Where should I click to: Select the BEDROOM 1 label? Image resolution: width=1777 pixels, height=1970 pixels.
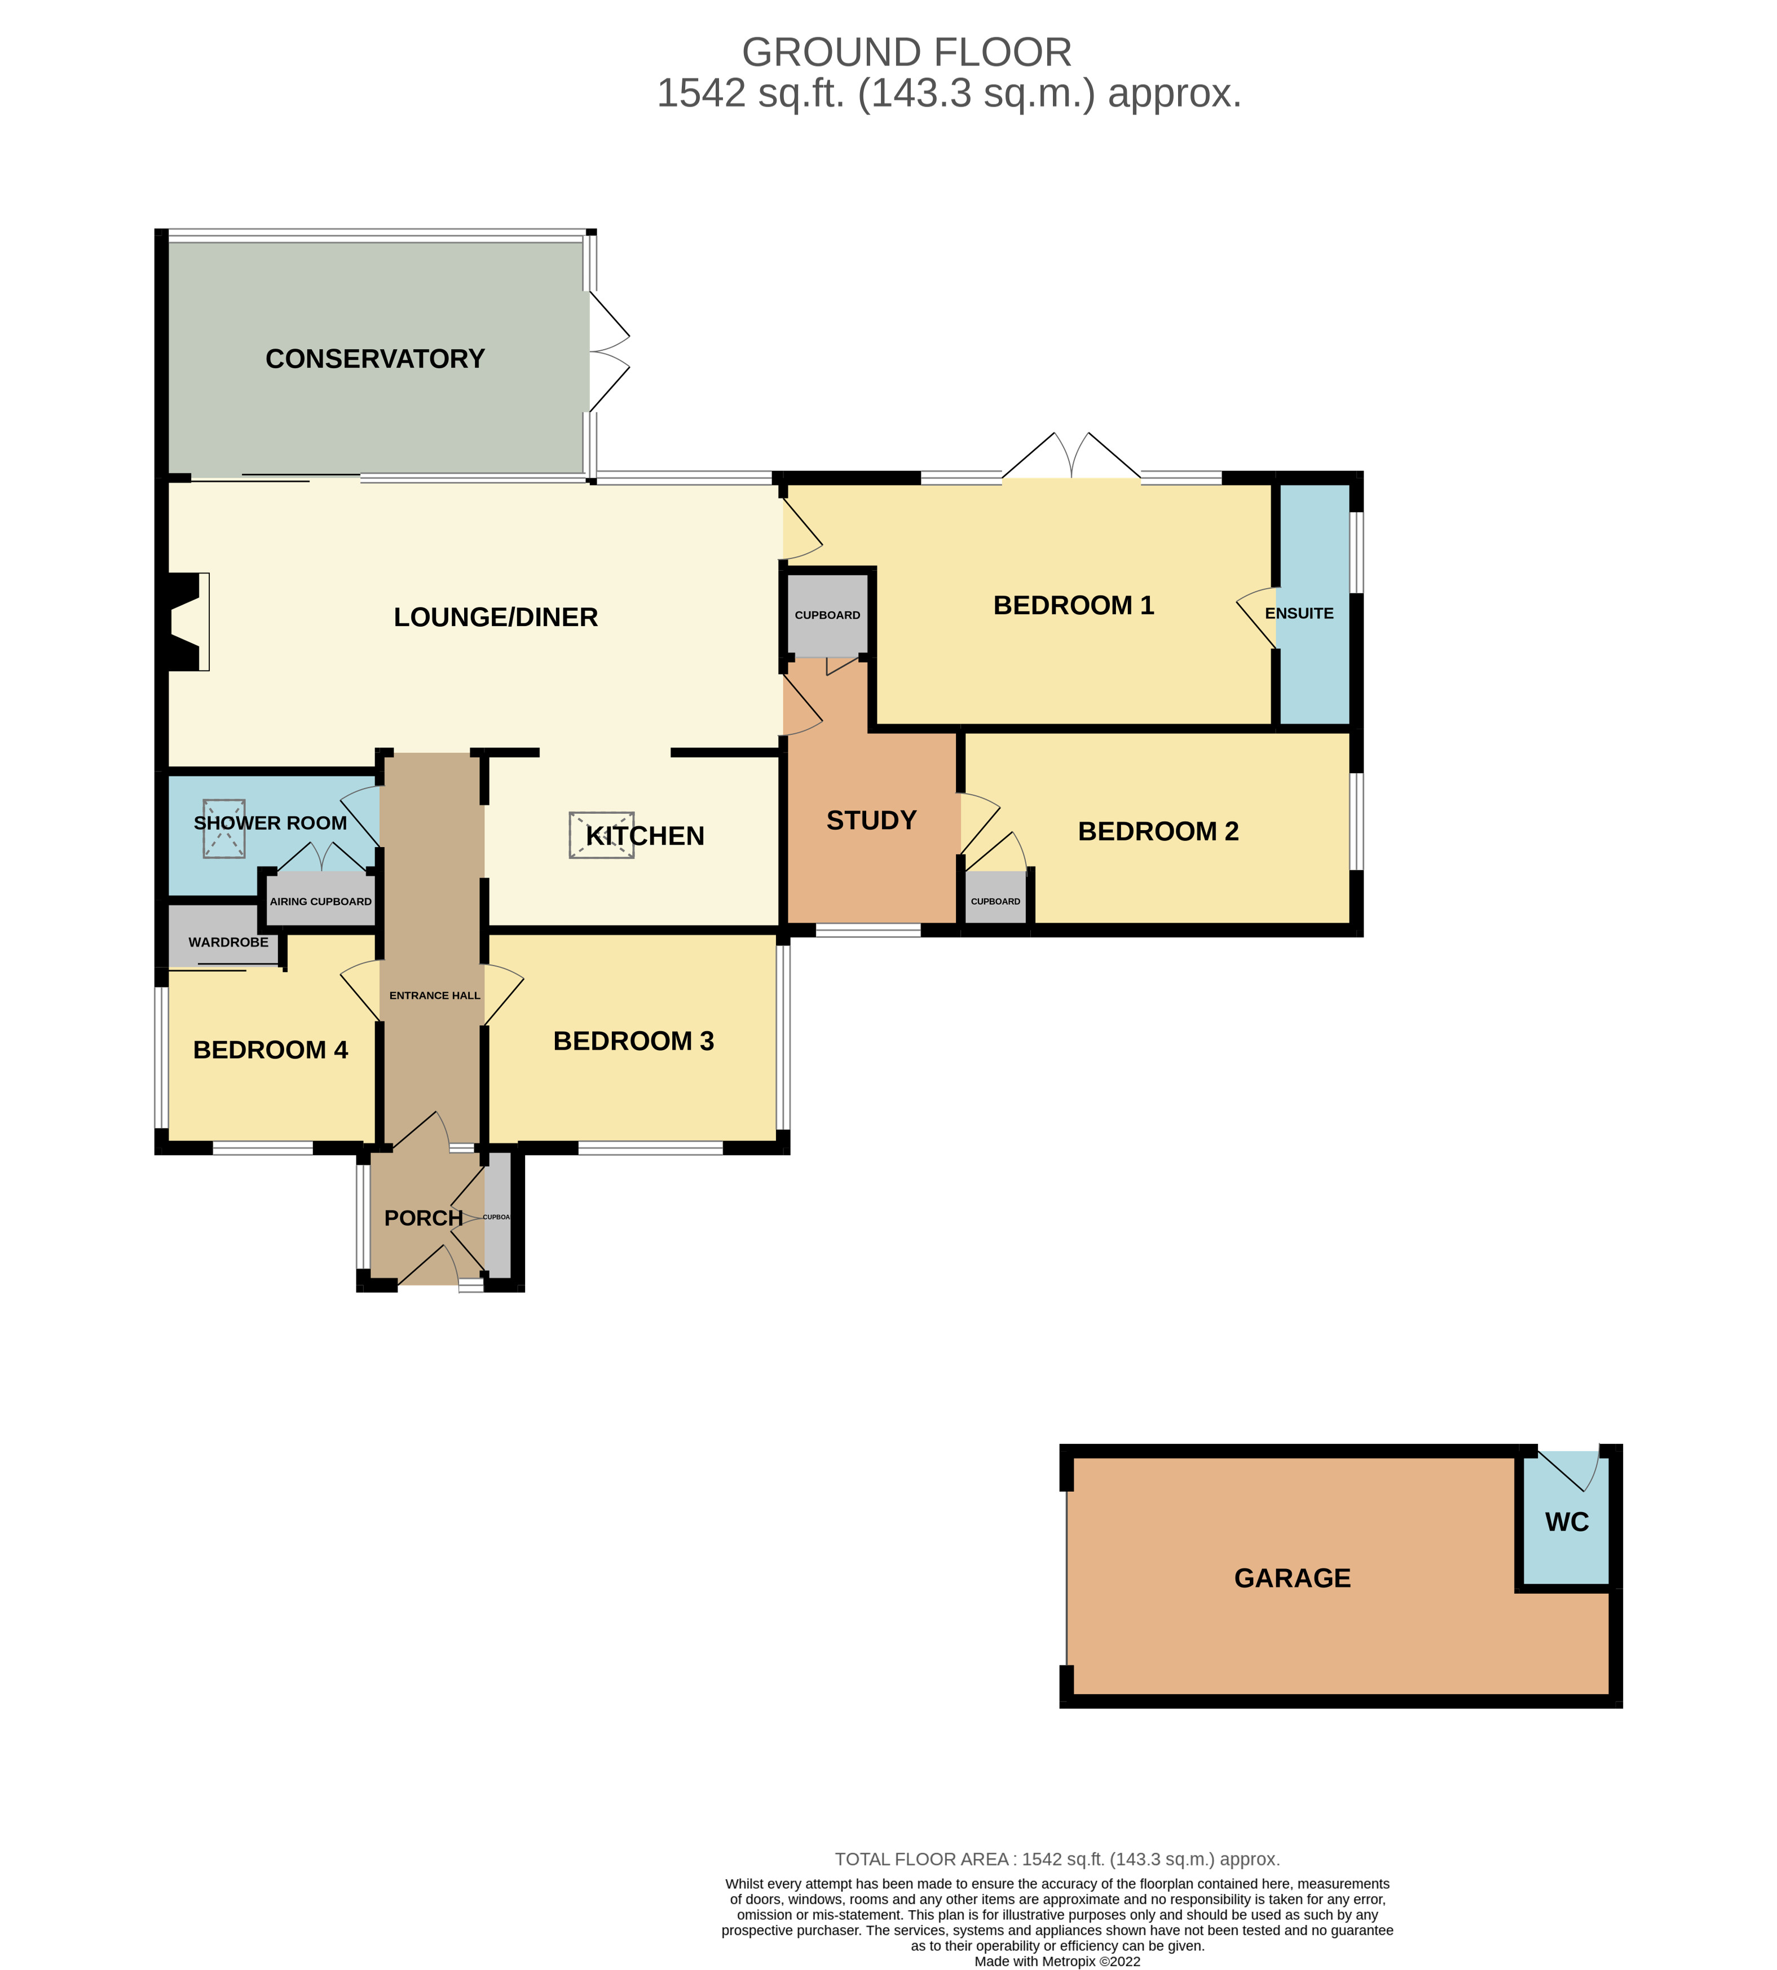click(x=1073, y=605)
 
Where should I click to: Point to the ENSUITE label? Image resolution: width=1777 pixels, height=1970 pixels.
click(x=1299, y=613)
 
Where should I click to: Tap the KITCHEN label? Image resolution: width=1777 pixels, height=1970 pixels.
click(x=645, y=836)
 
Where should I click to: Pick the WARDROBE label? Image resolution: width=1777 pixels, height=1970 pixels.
click(x=228, y=942)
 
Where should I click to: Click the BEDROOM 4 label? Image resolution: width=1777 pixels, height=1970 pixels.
click(x=271, y=1050)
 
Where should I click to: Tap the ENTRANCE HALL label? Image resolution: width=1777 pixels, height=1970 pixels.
click(x=434, y=996)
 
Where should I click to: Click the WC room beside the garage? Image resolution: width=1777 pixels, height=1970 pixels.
click(x=1566, y=1522)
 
